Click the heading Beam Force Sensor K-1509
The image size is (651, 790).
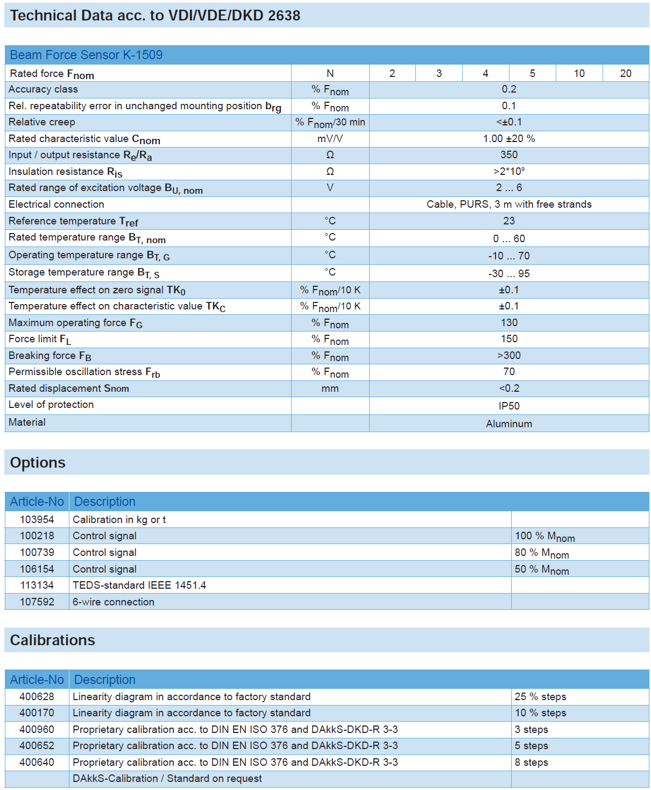[86, 55]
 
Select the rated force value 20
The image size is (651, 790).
[625, 73]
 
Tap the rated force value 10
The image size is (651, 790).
[579, 73]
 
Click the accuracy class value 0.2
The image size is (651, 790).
[508, 89]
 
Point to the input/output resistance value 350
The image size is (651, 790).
[508, 155]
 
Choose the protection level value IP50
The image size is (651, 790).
[508, 406]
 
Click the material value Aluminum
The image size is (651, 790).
[508, 424]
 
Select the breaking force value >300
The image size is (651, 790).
[508, 356]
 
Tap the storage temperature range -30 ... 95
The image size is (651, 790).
[508, 273]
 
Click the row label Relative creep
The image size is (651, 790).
[42, 122]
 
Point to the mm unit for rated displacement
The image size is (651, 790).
[330, 389]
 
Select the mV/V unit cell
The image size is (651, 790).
[330, 139]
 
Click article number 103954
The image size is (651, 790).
[37, 519]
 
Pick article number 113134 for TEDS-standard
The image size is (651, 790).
[37, 585]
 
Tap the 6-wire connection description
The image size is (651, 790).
[114, 602]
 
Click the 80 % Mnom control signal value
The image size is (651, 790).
[541, 553]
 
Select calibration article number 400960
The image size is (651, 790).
[37, 729]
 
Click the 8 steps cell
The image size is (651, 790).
[531, 762]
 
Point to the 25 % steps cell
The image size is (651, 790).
[540, 696]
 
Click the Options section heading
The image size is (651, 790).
[38, 463]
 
